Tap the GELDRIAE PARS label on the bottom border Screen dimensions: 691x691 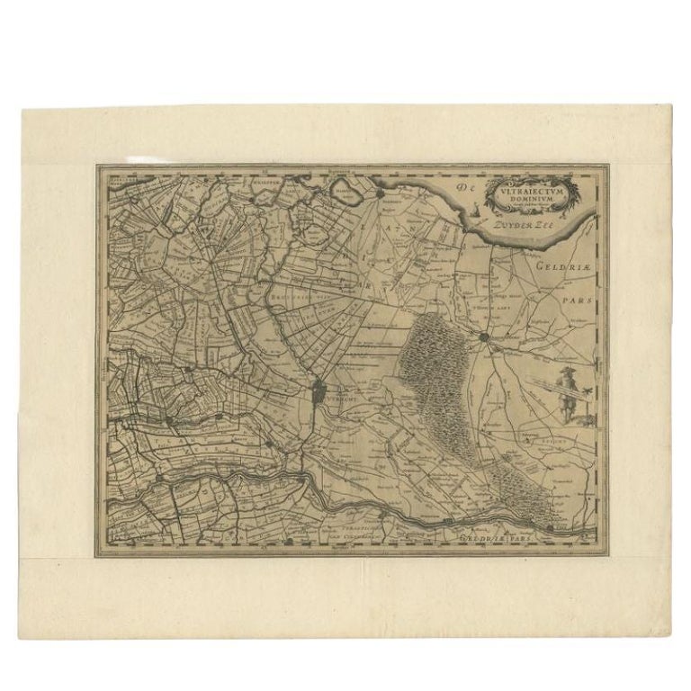pos(489,537)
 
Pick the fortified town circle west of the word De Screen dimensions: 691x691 pos(381,192)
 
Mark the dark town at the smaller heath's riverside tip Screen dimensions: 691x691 pos(550,526)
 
